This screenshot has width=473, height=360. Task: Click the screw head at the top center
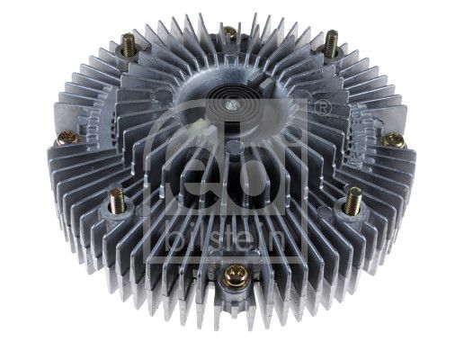click(230, 33)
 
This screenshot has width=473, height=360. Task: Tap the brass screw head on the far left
click(65, 139)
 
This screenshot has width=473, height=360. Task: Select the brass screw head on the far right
click(392, 140)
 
